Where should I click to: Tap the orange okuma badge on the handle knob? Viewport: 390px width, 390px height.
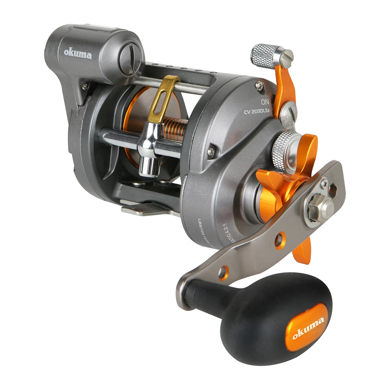(308, 326)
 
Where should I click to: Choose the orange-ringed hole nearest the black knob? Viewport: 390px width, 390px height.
(223, 272)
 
